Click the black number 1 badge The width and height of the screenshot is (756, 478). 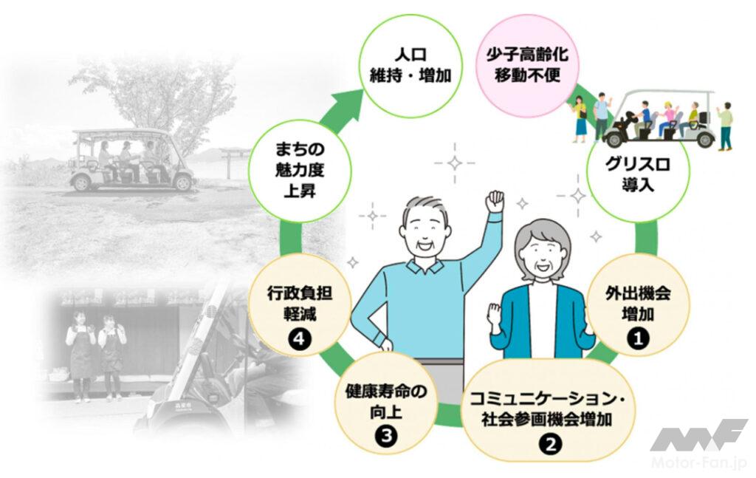pyautogui.click(x=638, y=338)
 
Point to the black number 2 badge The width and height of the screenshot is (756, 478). pyautogui.click(x=551, y=443)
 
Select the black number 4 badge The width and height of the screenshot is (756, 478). pyautogui.click(x=299, y=339)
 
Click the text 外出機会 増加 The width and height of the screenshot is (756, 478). pyautogui.click(x=638, y=304)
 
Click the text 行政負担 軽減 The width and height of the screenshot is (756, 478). pyautogui.click(x=300, y=304)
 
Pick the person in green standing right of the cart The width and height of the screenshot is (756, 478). pyautogui.click(x=724, y=126)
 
